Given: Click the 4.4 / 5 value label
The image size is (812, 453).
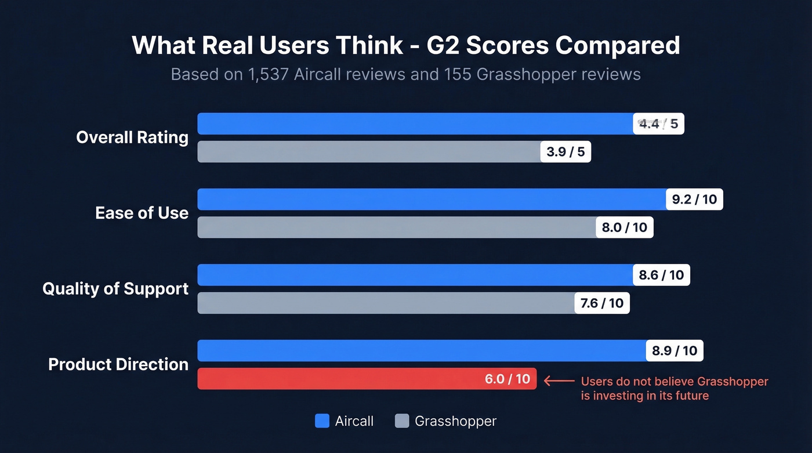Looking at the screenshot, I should [x=658, y=124].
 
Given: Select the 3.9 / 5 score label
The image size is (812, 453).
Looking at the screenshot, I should [x=565, y=152].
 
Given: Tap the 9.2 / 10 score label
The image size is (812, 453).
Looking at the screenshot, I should [x=694, y=200].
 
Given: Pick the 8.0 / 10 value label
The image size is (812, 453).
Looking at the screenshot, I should [x=624, y=227].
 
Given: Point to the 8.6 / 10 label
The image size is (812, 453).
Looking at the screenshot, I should [x=661, y=275].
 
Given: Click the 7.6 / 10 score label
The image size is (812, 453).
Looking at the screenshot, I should [x=601, y=303].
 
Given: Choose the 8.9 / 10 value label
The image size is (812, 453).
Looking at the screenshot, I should [x=674, y=350].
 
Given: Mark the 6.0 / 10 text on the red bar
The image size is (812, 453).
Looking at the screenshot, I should [x=507, y=379].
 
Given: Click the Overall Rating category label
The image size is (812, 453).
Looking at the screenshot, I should [x=132, y=137].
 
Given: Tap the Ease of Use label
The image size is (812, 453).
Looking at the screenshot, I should [x=142, y=213].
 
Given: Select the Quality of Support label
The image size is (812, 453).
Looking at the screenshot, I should [x=115, y=288].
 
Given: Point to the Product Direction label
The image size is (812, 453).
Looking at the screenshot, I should [x=118, y=364].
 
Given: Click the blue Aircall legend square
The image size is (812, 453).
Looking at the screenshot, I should [x=322, y=421].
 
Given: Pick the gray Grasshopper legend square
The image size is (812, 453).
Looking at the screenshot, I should [x=402, y=421].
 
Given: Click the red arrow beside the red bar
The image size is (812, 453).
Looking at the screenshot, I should [x=559, y=381].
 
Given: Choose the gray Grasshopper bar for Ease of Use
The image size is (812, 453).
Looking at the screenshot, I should [x=397, y=227].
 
